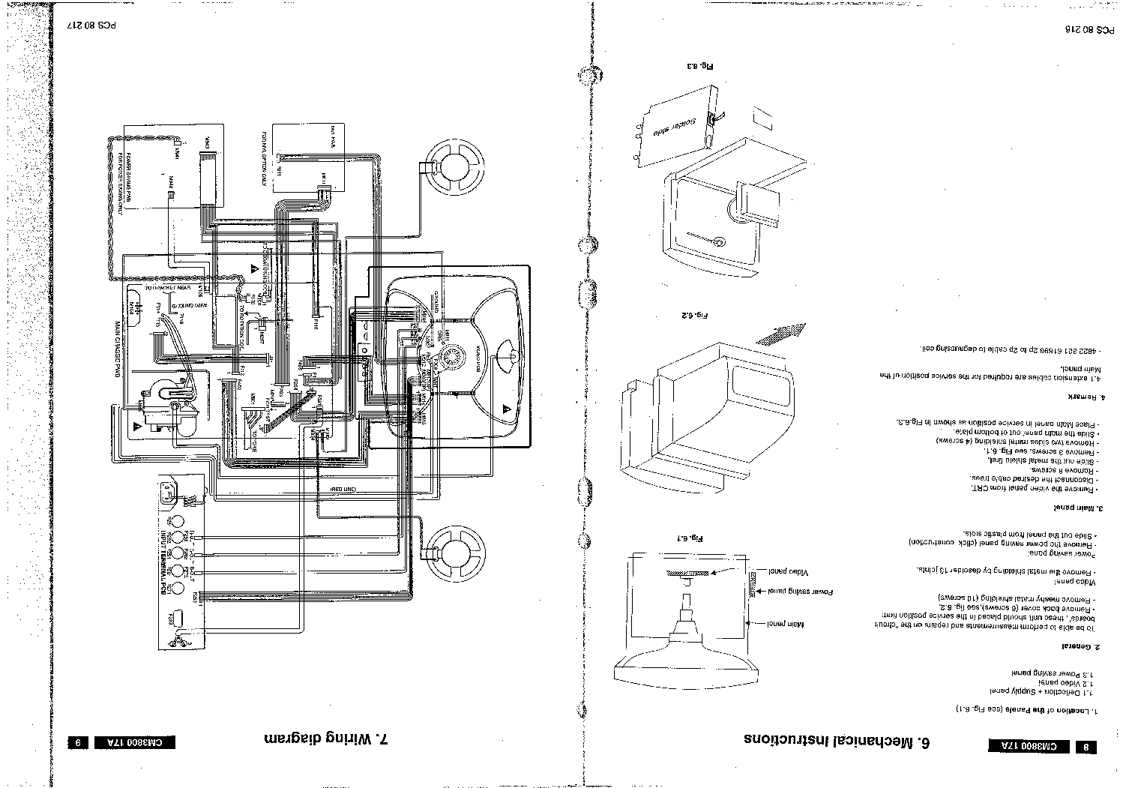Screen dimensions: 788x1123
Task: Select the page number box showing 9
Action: pos(77,743)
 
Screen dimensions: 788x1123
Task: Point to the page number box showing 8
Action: pos(1086,747)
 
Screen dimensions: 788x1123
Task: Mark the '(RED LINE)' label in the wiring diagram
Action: pos(346,488)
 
